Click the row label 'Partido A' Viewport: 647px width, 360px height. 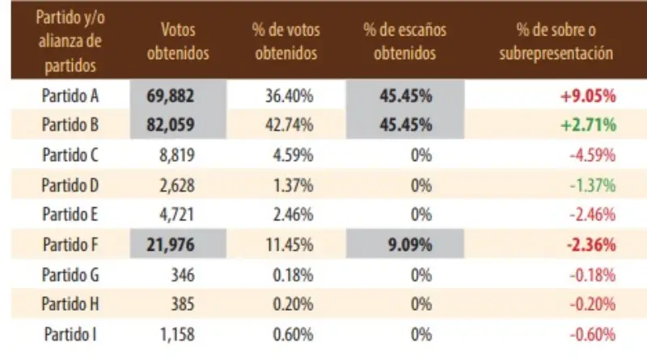(x=71, y=95)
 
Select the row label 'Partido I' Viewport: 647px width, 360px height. (x=71, y=333)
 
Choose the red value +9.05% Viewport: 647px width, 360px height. (x=588, y=95)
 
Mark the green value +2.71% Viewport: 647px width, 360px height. (x=588, y=125)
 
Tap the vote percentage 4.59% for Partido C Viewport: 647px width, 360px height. (x=290, y=154)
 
